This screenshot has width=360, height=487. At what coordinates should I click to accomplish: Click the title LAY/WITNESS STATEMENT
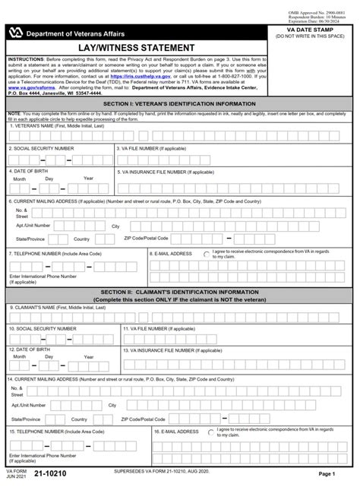[134, 47]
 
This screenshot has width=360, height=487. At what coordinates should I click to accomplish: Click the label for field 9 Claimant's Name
[52, 308]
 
